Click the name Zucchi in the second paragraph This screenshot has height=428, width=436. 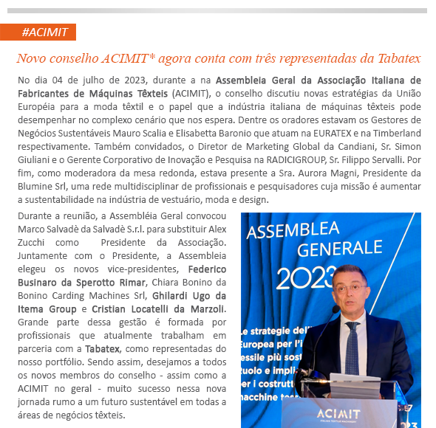tap(33, 242)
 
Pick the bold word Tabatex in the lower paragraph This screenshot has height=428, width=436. tap(103, 348)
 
